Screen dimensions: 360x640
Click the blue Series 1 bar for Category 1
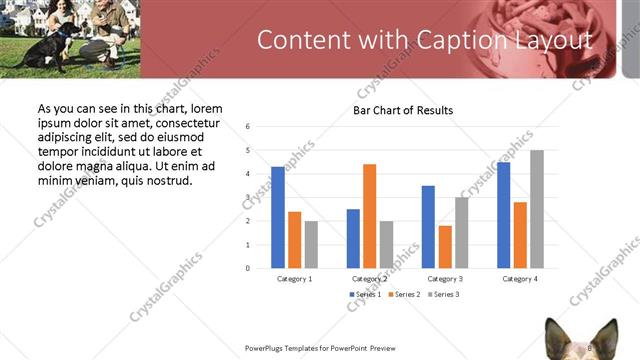(277, 217)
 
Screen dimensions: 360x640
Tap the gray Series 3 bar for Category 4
(537, 209)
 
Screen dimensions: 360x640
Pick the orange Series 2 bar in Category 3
(445, 247)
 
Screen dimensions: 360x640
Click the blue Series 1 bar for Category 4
(503, 215)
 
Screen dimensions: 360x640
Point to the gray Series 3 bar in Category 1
(311, 244)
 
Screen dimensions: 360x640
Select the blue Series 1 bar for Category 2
(353, 238)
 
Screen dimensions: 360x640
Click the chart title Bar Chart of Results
(403, 110)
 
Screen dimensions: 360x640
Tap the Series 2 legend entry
(406, 295)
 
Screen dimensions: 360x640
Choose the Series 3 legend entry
(444, 295)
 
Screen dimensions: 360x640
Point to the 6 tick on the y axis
(247, 127)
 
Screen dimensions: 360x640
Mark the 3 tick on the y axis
(247, 197)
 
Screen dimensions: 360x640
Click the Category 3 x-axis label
(445, 279)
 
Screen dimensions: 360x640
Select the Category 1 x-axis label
(294, 279)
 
